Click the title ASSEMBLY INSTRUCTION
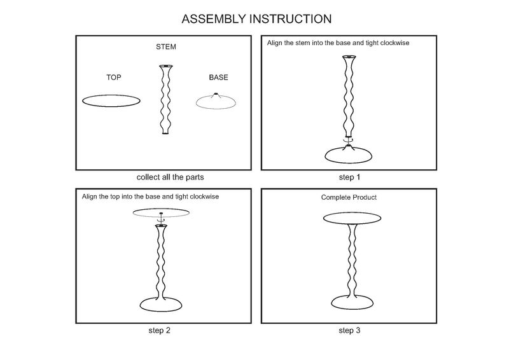pyautogui.click(x=256, y=18)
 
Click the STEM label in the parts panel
pyautogui.click(x=166, y=47)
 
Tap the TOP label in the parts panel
pyautogui.click(x=113, y=78)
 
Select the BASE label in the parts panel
pyautogui.click(x=218, y=78)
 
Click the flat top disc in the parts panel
pyautogui.click(x=111, y=100)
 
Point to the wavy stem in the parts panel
pyautogui.click(x=165, y=99)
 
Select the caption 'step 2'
pyautogui.click(x=158, y=330)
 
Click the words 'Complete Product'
pyautogui.click(x=349, y=198)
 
